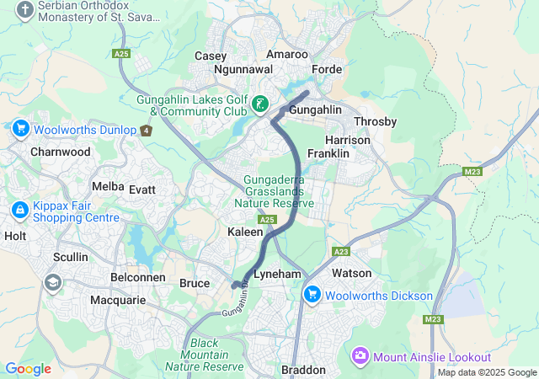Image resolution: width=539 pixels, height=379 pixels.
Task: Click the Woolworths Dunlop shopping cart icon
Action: click(21, 129)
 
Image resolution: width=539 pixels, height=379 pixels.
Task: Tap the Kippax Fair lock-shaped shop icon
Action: click(19, 209)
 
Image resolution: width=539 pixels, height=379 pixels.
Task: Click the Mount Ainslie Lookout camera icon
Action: click(360, 355)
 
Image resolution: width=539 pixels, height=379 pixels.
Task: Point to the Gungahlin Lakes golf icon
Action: click(260, 104)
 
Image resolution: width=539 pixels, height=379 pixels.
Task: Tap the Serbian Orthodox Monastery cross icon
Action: click(25, 10)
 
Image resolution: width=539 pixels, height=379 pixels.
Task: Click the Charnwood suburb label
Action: click(60, 152)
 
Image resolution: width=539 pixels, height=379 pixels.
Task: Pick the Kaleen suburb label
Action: click(246, 231)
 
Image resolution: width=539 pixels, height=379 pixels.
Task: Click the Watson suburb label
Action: click(351, 274)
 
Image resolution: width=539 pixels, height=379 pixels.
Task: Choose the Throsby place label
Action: click(376, 121)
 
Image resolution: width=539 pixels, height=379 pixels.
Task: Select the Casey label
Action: click(211, 56)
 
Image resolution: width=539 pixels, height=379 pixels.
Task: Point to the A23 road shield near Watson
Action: click(341, 251)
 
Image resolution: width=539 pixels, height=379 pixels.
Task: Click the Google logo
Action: click(28, 369)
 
